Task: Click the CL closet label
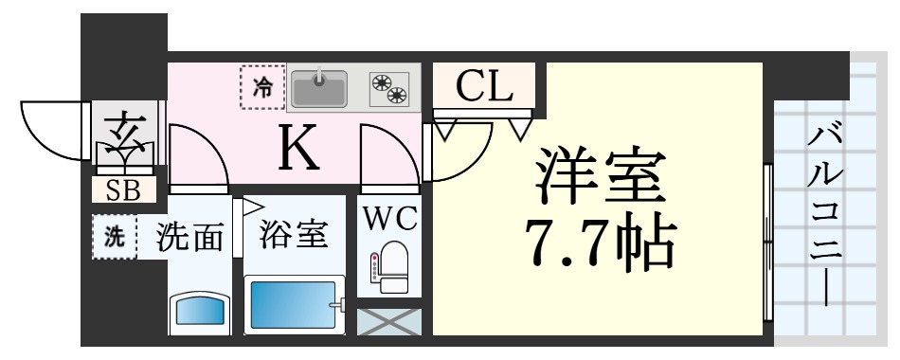(483, 87)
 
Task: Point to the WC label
(389, 219)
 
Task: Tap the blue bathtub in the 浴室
(294, 305)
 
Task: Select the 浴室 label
(294, 233)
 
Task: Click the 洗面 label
(190, 236)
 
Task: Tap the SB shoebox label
(123, 190)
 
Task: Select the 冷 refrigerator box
(262, 88)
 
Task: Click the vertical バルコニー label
(823, 216)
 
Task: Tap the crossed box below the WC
(388, 321)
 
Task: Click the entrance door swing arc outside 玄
(52, 128)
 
